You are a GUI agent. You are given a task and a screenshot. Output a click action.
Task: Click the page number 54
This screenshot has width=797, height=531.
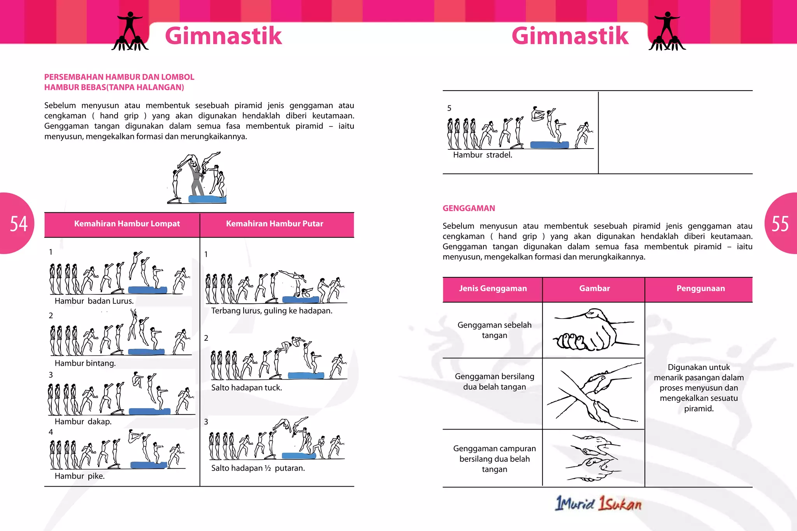coord(19,224)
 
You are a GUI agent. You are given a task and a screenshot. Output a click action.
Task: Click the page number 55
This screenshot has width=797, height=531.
coord(780,224)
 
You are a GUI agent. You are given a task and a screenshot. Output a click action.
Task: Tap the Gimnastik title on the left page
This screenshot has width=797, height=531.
coord(223,36)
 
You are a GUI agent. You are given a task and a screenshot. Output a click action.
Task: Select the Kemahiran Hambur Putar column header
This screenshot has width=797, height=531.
coord(274,224)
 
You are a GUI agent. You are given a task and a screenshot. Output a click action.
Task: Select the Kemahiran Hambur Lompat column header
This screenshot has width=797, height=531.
coord(127,224)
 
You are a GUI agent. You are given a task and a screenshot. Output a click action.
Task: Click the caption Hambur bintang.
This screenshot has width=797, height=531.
coord(85,363)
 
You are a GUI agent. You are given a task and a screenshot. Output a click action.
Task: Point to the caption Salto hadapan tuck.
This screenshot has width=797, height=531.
coord(246,387)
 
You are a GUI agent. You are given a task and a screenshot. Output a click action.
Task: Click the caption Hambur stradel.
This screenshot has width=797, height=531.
coord(483,155)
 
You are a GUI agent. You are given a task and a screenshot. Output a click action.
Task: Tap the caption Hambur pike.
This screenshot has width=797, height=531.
coord(80,476)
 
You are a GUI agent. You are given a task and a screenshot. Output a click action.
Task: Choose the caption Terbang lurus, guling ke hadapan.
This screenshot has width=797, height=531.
coord(272,310)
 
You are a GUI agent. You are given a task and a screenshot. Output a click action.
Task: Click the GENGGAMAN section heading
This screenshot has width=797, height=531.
coord(469,208)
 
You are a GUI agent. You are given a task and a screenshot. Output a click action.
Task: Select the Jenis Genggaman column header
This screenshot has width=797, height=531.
coord(493,288)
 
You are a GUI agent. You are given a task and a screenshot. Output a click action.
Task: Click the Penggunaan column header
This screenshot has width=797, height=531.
coord(700,288)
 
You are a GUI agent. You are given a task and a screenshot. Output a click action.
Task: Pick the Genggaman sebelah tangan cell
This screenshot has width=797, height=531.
coord(494,330)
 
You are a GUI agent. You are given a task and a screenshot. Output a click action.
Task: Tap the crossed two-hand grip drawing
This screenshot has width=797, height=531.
coord(593,394)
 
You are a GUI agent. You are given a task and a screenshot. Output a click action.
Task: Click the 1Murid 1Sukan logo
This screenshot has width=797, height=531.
coord(599,503)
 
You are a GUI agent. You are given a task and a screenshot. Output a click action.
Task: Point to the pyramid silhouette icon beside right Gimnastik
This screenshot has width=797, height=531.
coord(667,32)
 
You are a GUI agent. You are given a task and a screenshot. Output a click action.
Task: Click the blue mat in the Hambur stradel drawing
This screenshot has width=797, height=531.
coord(549,145)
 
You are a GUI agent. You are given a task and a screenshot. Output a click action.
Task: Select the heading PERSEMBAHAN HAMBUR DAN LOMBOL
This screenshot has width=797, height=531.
coord(119,77)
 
